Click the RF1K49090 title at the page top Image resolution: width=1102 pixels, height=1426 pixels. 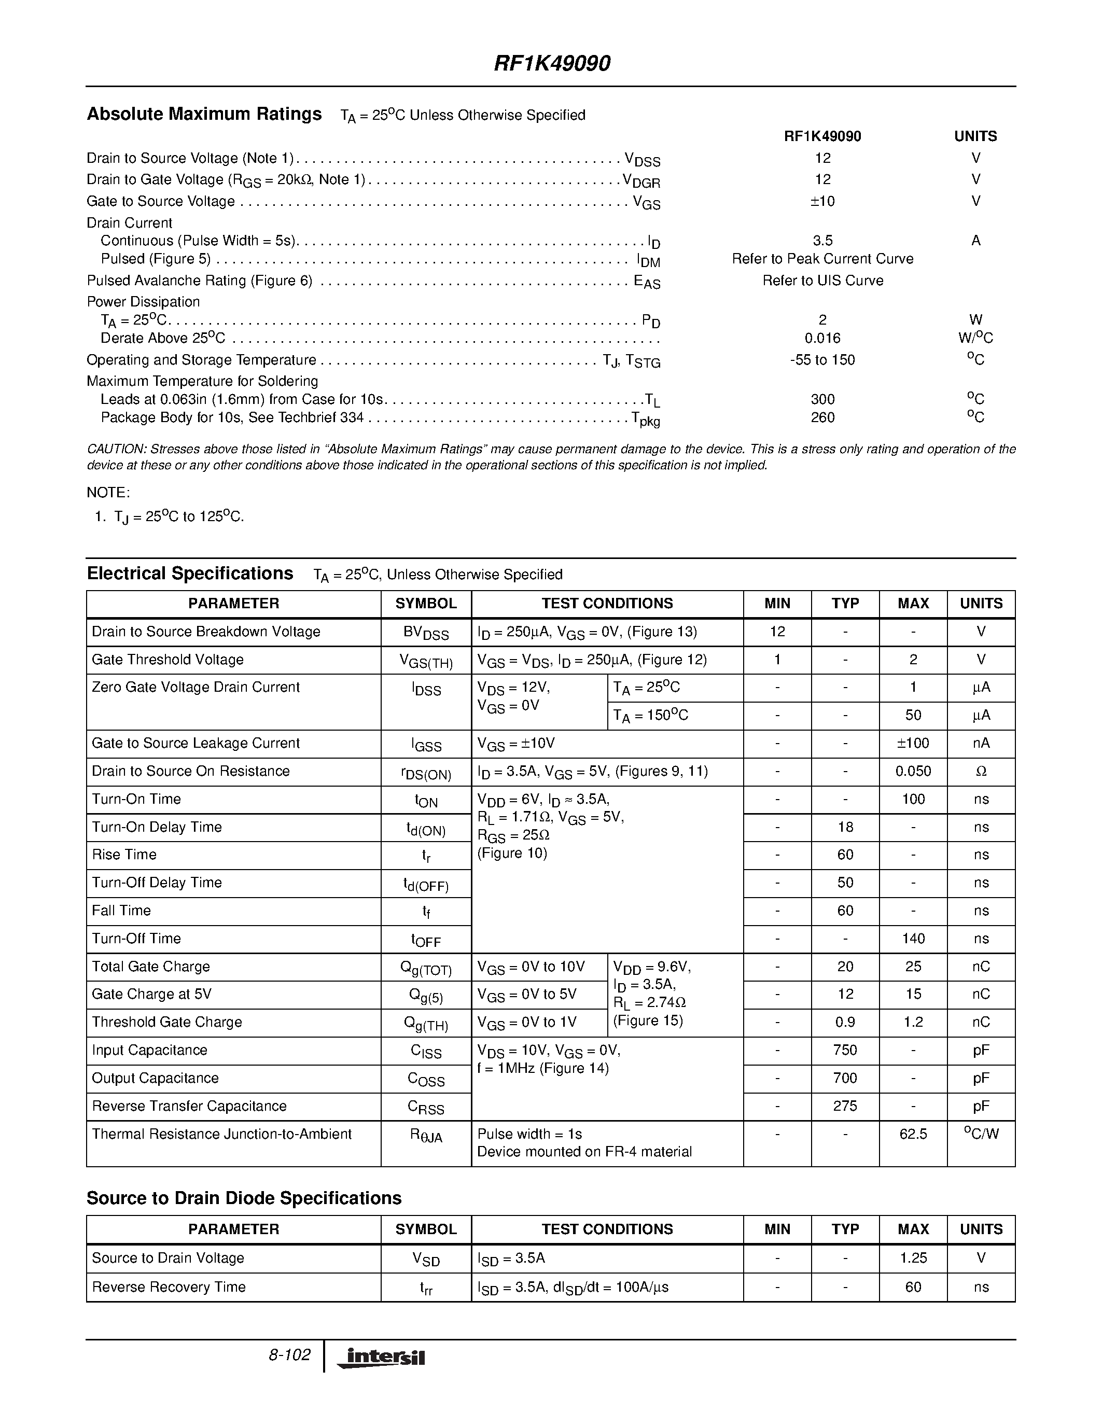coord(552,63)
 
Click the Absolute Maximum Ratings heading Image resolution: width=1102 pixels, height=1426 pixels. coord(204,114)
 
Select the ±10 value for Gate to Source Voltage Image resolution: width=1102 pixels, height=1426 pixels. coord(822,201)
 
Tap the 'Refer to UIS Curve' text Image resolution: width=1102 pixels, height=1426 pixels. coord(822,281)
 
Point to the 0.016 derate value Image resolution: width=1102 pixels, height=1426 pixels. coord(822,338)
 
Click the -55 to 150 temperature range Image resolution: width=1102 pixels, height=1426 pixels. coord(822,360)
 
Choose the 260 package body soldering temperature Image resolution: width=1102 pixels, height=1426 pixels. coord(822,417)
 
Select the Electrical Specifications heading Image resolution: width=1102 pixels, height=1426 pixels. coord(190,574)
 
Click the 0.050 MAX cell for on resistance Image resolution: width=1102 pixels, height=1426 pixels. coord(913,771)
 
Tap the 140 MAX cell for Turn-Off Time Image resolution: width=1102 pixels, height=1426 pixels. coord(913,938)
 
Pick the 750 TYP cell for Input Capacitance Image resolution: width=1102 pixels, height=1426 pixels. coord(845,1050)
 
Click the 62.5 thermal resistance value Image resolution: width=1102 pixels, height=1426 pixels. coord(913,1134)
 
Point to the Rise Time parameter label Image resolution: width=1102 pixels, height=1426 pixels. coord(124,855)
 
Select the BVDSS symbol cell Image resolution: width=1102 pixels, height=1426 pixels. coord(426,633)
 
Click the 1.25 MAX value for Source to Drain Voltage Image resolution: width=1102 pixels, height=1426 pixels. coord(913,1258)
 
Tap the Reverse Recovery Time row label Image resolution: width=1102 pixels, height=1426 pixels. coord(169,1287)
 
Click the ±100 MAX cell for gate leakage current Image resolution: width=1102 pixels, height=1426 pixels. coord(913,743)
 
